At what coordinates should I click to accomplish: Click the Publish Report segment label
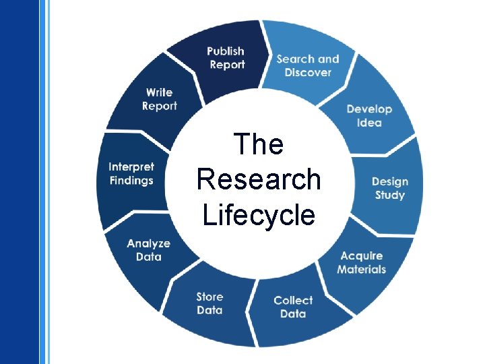pos(226,58)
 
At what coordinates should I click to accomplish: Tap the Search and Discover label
pos(308,65)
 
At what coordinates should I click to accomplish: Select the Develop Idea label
pos(369,116)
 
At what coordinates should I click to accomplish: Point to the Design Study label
pos(389,188)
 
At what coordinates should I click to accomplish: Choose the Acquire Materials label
pos(362,262)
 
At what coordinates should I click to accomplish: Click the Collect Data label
pos(293,307)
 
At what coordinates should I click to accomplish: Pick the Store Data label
pos(209,303)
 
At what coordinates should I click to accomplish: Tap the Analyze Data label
pos(148,250)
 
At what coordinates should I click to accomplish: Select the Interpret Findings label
pos(131,173)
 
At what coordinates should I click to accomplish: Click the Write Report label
pos(160,99)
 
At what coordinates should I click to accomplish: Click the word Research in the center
pos(259,179)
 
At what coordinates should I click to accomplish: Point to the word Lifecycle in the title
pos(259,215)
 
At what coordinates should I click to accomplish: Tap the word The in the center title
pos(259,144)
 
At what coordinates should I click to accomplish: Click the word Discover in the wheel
pos(308,72)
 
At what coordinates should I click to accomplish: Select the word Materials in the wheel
pos(362,270)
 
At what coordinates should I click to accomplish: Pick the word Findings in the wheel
pos(131,181)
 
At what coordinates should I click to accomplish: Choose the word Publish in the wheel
pos(226,51)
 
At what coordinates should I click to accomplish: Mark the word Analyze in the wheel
pos(148,243)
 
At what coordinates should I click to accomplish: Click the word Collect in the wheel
pos(293,300)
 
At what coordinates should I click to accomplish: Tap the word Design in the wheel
pos(389,181)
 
